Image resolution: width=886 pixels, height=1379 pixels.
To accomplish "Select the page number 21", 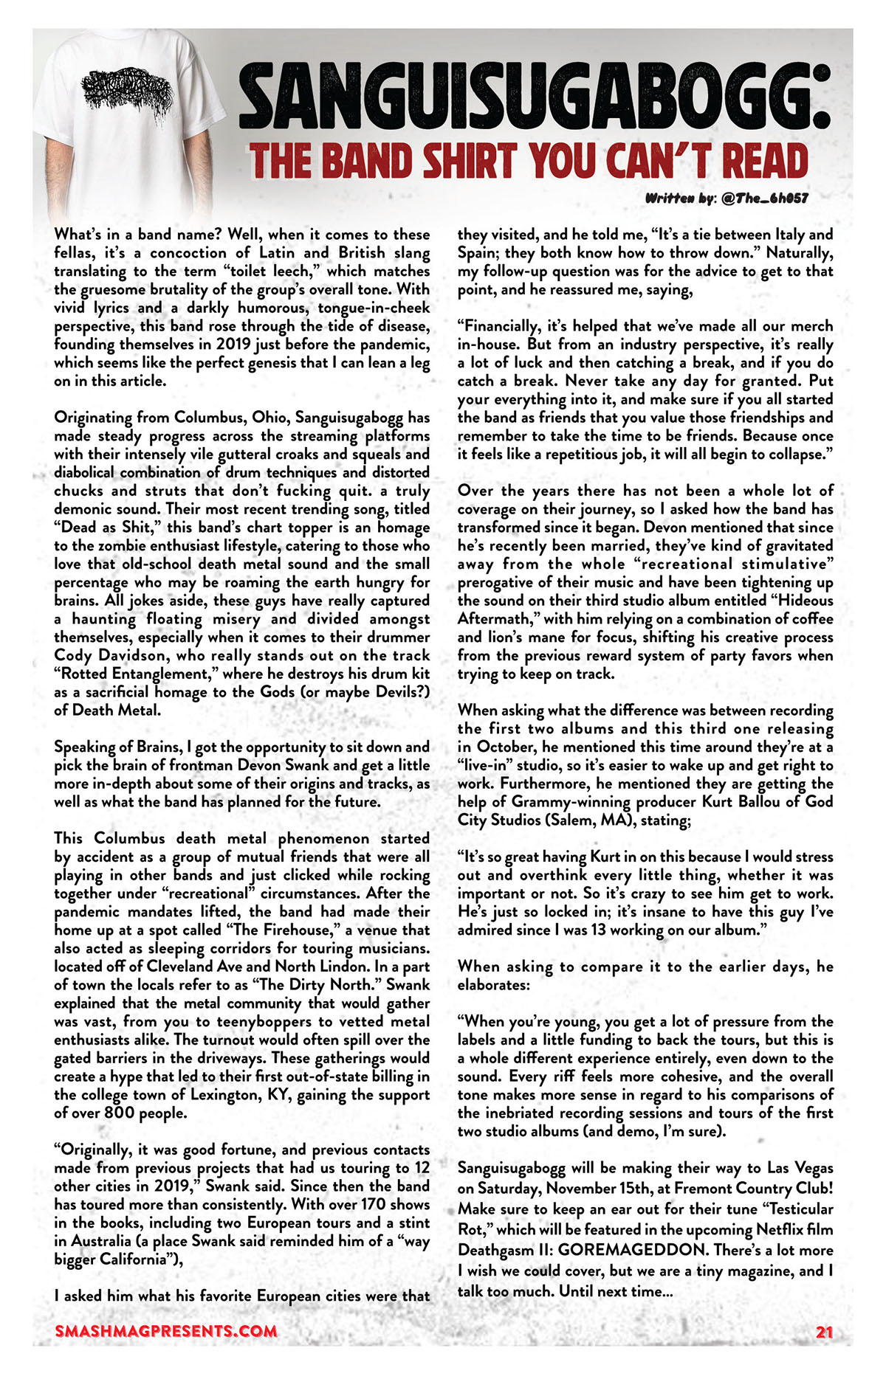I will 824,1332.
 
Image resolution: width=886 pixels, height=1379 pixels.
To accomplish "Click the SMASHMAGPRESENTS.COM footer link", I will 166,1331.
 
